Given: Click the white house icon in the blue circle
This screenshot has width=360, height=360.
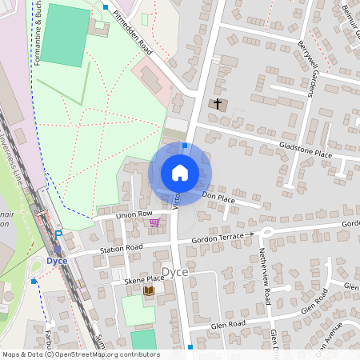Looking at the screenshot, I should pyautogui.click(x=180, y=172).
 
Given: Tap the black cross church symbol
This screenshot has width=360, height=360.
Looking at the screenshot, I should pyautogui.click(x=217, y=104).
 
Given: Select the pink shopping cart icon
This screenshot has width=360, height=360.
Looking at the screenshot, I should pyautogui.click(x=154, y=222).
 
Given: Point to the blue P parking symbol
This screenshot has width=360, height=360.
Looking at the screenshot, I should pyautogui.click(x=58, y=234).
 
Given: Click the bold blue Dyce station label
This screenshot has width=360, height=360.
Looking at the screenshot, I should pyautogui.click(x=56, y=261).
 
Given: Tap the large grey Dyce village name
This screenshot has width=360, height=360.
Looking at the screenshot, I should pyautogui.click(x=179, y=271).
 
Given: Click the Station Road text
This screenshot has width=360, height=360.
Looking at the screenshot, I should pyautogui.click(x=121, y=248).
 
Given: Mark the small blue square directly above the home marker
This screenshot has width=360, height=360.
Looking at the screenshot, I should pyautogui.click(x=185, y=146).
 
